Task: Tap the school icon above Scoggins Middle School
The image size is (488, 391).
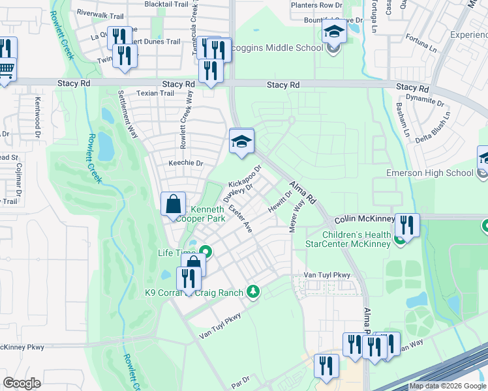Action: [333, 31]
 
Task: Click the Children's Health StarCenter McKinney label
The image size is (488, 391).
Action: [348, 239]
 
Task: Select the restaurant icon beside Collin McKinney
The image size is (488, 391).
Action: [406, 225]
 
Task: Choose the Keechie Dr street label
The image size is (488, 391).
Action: [186, 163]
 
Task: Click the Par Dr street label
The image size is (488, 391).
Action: [240, 380]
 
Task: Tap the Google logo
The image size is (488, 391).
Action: [22, 383]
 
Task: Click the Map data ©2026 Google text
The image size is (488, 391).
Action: [448, 386]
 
